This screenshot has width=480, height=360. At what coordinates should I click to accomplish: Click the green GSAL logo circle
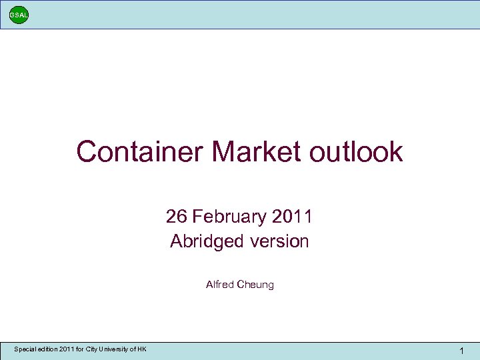(19, 15)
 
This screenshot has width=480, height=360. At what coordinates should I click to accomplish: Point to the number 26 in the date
(177, 217)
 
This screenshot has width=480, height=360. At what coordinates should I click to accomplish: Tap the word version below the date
(280, 241)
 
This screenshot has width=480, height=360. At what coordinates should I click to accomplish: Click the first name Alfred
(219, 285)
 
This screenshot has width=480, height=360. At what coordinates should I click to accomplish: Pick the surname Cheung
(255, 285)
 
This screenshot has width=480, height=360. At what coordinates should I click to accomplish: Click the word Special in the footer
(26, 349)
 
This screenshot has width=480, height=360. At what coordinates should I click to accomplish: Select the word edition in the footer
(51, 349)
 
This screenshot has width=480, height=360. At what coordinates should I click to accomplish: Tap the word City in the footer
(93, 349)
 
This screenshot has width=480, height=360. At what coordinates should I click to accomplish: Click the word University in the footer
(116, 349)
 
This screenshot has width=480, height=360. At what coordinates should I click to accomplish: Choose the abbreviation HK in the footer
(142, 349)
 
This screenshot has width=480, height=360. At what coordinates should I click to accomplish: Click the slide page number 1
(462, 351)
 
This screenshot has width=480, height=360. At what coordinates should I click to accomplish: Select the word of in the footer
(133, 349)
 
